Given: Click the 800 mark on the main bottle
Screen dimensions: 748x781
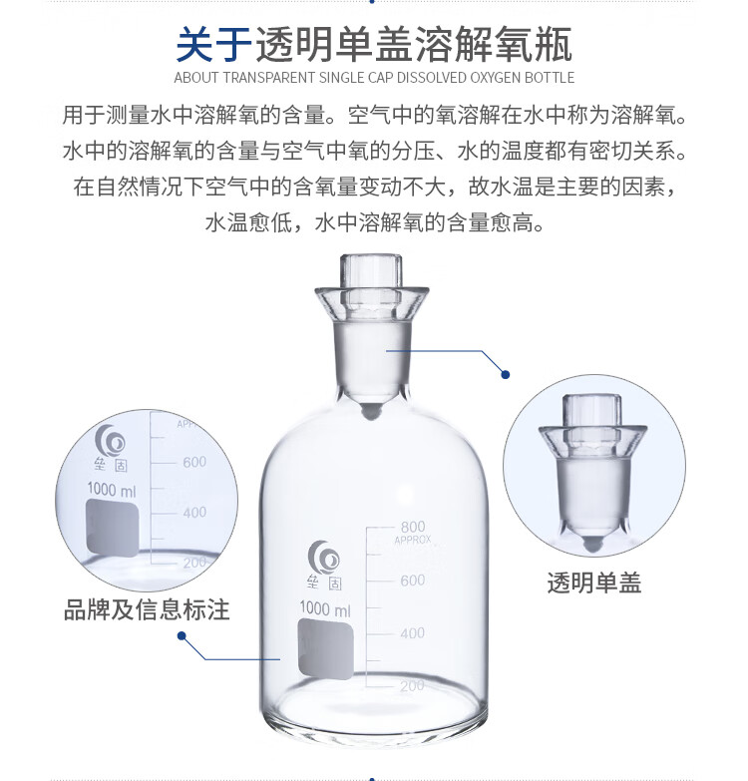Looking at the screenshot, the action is point(413,527).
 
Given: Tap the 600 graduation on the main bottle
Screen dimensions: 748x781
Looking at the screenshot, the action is point(413,581).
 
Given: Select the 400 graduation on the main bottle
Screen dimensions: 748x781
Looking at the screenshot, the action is point(412,633).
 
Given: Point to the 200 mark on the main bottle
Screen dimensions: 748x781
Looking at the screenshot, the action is point(412,686).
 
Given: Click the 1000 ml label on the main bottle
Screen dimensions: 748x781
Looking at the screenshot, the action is point(325,608).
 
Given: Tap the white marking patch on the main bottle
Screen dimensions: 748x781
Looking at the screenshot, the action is point(326,649).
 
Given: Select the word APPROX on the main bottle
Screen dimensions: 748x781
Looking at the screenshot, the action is point(413,540).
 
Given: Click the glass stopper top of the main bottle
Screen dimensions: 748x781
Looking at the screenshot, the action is point(371,272).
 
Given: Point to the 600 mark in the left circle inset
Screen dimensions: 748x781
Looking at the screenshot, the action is point(194,462).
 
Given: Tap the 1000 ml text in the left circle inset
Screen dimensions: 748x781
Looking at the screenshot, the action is point(112,490).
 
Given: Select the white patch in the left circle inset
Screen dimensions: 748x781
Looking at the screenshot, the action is point(113,529).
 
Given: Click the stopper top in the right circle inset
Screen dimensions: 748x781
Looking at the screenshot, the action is point(592,411).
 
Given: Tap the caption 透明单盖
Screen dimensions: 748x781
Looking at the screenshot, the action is point(594,583).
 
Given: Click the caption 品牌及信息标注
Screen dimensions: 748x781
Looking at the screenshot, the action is point(147,609).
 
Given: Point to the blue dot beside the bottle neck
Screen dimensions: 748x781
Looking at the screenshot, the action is point(506,375).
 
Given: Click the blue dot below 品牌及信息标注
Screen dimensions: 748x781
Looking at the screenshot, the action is point(182,635).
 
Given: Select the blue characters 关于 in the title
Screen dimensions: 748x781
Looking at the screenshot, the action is point(214,45).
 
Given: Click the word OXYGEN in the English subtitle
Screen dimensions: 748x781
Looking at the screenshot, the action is point(491,78).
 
